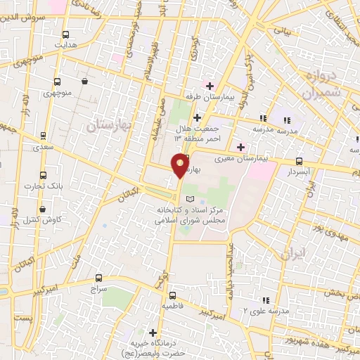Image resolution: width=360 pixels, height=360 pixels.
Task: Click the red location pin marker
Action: (x=181, y=165)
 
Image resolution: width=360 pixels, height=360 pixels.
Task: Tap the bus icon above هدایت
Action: (x=65, y=34)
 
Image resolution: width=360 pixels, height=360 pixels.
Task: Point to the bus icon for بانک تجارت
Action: (x=44, y=175)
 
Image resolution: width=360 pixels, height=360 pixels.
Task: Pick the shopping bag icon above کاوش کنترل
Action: (x=44, y=209)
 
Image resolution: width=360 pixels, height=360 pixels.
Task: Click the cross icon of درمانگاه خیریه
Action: (x=153, y=332)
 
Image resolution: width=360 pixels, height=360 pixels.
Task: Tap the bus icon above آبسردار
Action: (x=299, y=161)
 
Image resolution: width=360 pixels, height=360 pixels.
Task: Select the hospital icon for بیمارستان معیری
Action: (x=241, y=147)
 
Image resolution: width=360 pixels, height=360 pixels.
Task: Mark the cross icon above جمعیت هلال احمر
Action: (x=197, y=117)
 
